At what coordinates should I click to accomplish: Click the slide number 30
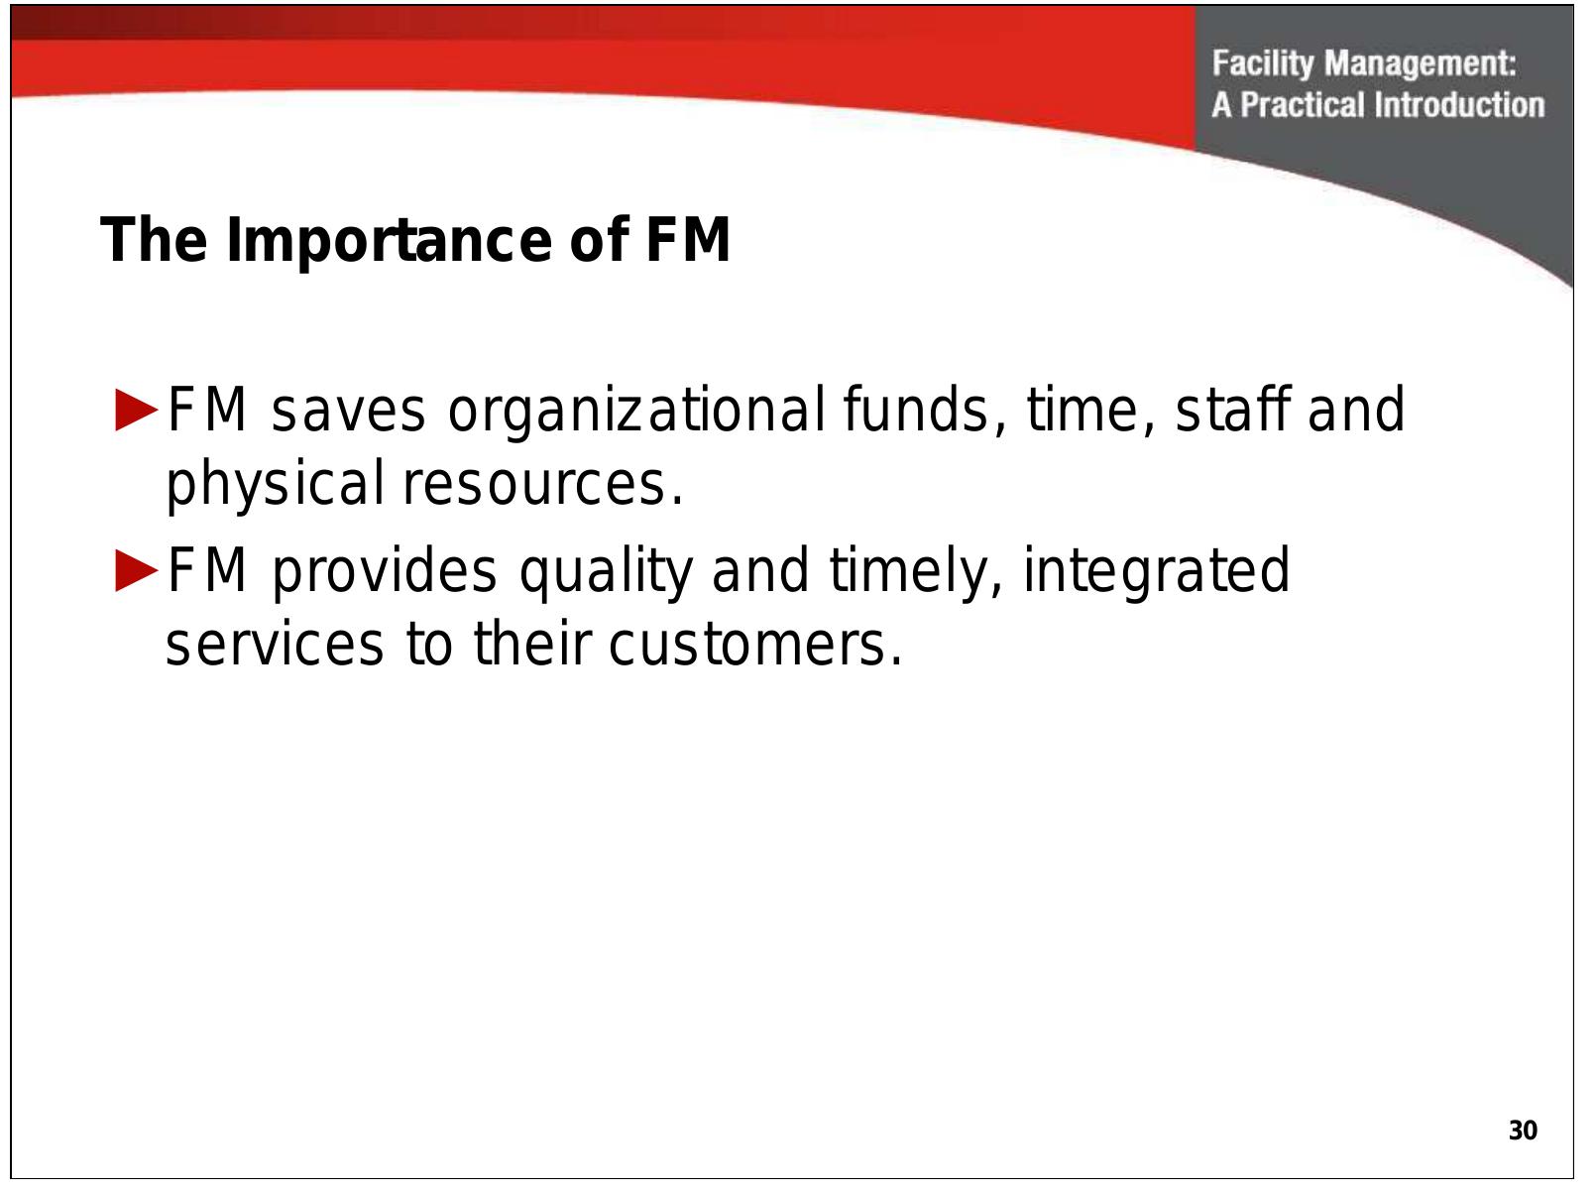click(x=1522, y=1131)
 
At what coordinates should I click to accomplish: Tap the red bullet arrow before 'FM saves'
click(x=136, y=410)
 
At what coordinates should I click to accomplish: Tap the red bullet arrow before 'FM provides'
click(x=136, y=571)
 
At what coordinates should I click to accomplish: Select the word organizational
click(x=634, y=412)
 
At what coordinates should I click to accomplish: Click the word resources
click(x=541, y=485)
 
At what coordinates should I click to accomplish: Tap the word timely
click(x=915, y=573)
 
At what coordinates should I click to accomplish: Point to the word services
click(x=274, y=645)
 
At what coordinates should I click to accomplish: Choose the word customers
click(x=755, y=645)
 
